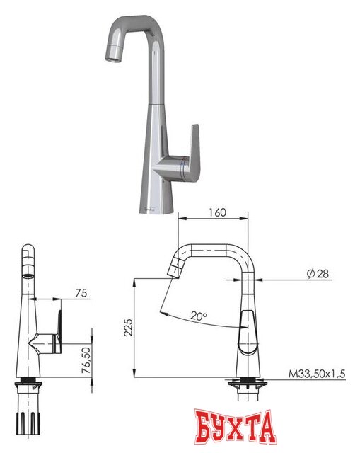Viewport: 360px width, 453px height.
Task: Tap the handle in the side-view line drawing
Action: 250,333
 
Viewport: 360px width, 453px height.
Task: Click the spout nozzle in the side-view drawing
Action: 174,268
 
